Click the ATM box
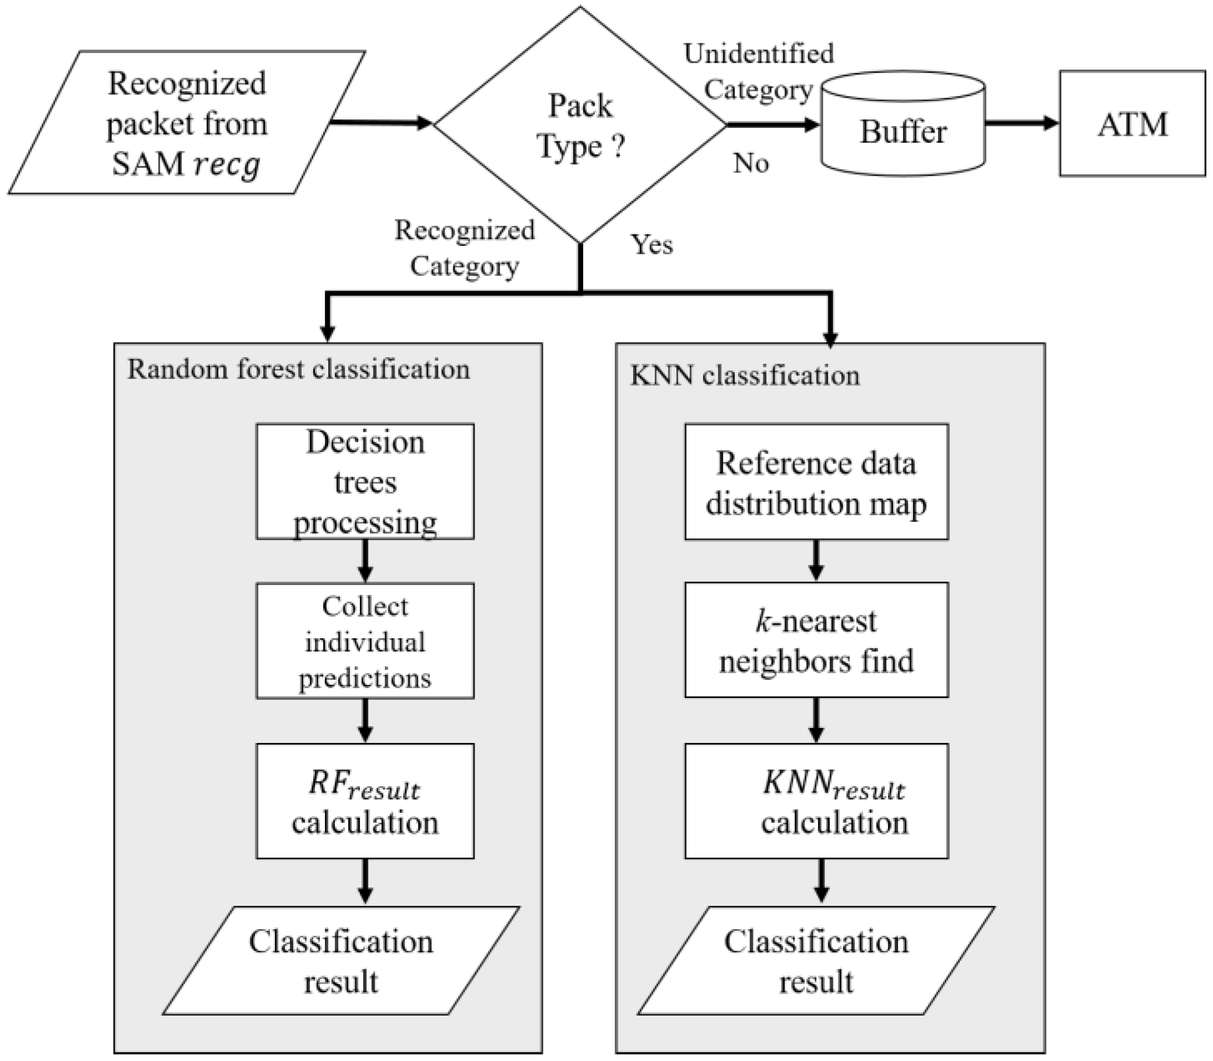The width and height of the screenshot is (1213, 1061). click(1132, 124)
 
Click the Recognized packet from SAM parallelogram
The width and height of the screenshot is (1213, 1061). click(187, 123)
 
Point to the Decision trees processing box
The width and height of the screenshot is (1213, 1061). click(365, 481)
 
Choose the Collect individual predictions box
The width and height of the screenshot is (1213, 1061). click(365, 641)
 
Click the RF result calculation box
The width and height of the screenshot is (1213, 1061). click(365, 801)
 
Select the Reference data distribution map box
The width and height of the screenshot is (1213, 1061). click(816, 482)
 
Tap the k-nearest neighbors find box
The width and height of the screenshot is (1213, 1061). click(816, 640)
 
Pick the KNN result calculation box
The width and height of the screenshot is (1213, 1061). click(816, 801)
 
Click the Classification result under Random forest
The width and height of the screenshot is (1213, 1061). click(341, 960)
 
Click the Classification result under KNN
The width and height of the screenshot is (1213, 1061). click(816, 960)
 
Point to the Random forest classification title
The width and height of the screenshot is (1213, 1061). click(298, 370)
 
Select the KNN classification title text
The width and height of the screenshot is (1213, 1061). click(745, 376)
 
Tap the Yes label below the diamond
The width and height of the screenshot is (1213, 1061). click(651, 244)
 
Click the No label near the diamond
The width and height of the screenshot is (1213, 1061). click(751, 163)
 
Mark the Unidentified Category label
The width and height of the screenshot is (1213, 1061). click(759, 71)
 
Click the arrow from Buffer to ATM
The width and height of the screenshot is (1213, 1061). click(1022, 124)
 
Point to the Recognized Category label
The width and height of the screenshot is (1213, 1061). click(465, 248)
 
